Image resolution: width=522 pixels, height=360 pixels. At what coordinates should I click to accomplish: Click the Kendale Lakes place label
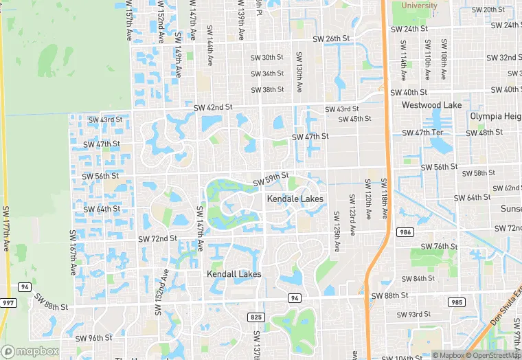pos(295,199)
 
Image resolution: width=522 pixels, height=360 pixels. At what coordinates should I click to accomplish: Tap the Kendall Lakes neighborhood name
pos(234,273)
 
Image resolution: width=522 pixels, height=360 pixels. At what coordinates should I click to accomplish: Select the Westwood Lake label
pos(431,105)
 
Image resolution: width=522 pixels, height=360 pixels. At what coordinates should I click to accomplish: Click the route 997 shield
pos(9,303)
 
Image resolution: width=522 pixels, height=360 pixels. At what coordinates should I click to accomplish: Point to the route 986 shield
pos(405,233)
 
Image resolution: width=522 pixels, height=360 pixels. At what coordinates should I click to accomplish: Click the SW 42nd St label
pos(213,107)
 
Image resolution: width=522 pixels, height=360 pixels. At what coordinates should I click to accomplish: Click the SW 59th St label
pos(270,180)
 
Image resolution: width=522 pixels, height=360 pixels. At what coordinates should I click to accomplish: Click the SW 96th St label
pos(94,338)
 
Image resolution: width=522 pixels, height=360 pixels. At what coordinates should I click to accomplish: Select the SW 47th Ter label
pos(426,133)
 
